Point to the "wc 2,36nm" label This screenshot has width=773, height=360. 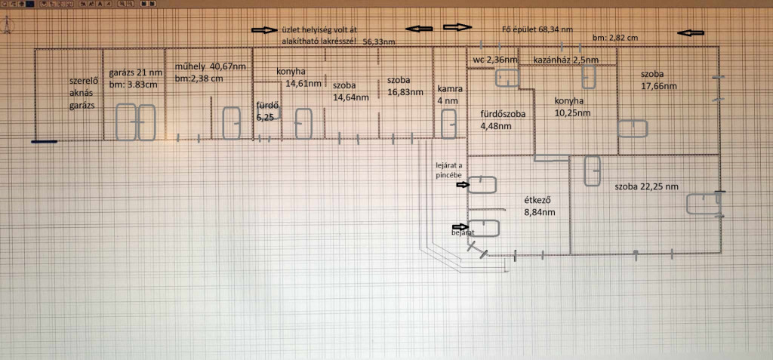[x=495, y=59]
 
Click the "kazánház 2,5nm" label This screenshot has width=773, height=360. [x=566, y=59]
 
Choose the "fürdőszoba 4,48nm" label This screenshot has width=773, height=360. [x=504, y=120]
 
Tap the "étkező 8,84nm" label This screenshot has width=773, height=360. [x=540, y=206]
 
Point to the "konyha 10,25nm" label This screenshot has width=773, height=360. [x=573, y=106]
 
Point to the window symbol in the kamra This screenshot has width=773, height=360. [x=448, y=123]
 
